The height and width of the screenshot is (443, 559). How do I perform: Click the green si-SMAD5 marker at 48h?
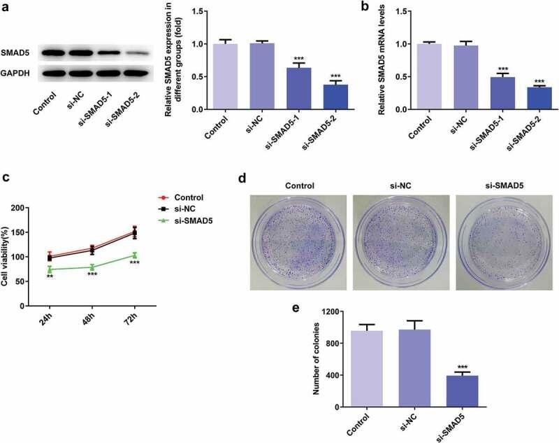[x=92, y=267]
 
